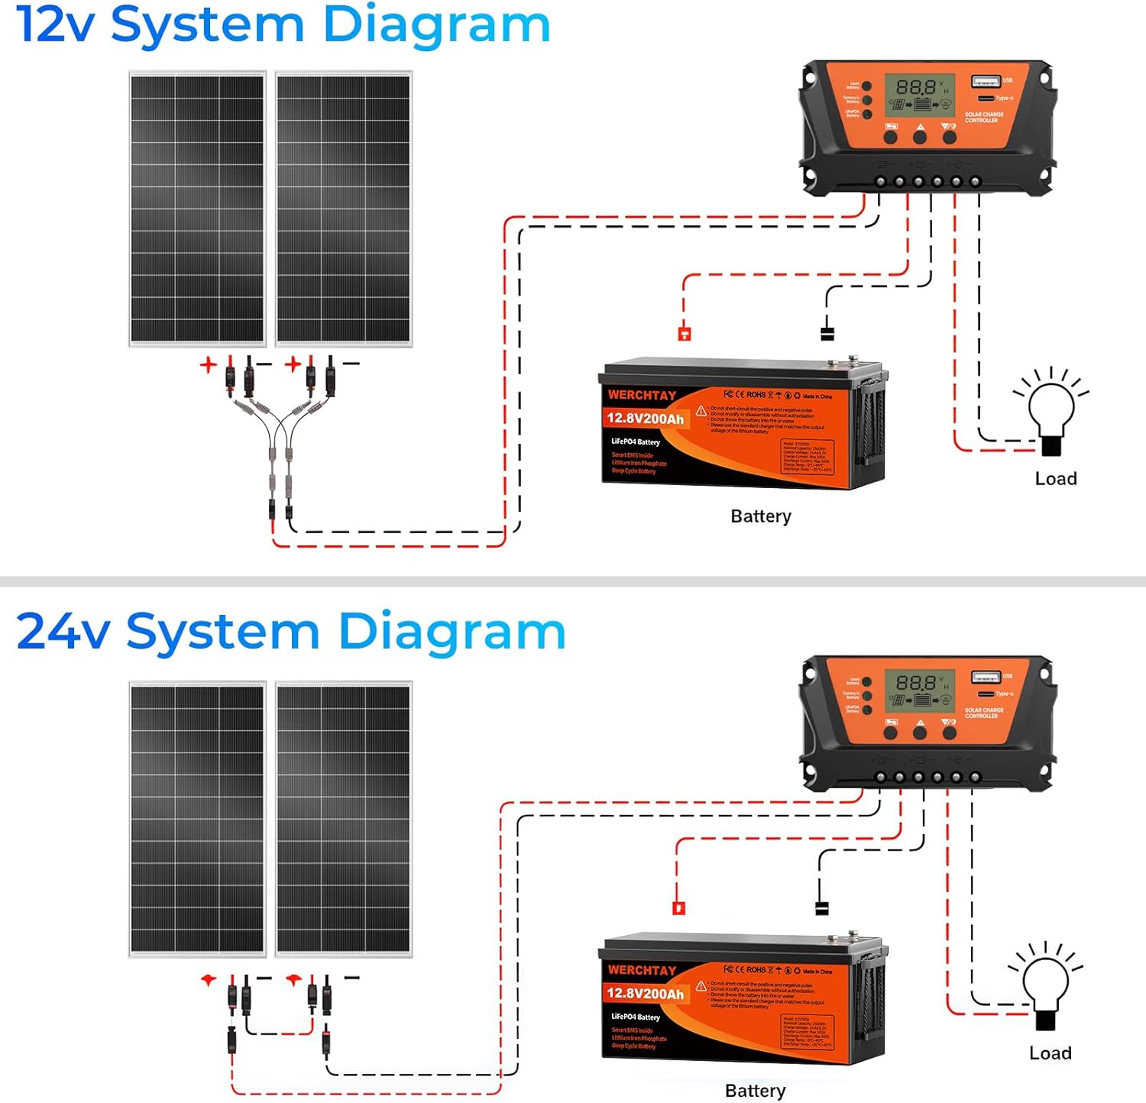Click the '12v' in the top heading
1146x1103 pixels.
[x=55, y=25]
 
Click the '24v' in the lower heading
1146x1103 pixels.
[x=63, y=632]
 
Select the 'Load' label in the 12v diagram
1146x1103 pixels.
[x=1056, y=479]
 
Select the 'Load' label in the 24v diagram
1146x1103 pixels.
[x=1050, y=1053]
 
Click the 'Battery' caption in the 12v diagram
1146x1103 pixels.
[x=760, y=516]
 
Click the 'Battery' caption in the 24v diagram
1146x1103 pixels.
[x=755, y=1091]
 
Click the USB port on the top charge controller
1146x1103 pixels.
[x=985, y=81]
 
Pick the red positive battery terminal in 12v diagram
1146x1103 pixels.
[x=685, y=333]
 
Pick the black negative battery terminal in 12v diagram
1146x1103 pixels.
[x=827, y=334]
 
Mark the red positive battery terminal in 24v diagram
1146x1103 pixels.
[x=678, y=908]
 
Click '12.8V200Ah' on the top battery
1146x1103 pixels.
[x=645, y=419]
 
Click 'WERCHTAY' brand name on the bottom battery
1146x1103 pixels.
[x=642, y=970]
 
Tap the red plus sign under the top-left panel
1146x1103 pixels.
[x=208, y=365]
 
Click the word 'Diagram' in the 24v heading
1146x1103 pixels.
[x=451, y=632]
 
